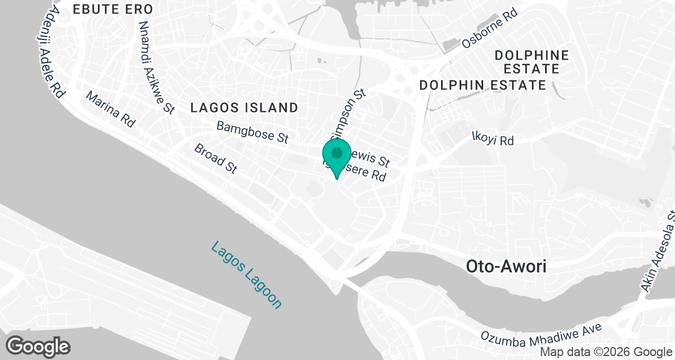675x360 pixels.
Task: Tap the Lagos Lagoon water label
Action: tap(246, 275)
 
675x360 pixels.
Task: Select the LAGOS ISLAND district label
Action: tap(244, 108)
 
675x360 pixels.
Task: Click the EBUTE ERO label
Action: tap(113, 10)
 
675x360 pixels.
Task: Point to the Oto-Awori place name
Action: tap(506, 267)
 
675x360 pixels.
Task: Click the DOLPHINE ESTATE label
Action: tap(532, 62)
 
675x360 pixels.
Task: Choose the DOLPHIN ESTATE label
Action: tap(483, 85)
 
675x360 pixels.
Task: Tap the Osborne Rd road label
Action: tap(489, 29)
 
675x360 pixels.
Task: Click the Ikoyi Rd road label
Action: tap(493, 138)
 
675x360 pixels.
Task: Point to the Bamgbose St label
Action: tap(253, 132)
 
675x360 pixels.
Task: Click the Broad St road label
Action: tap(215, 158)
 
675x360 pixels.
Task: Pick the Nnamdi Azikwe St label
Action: tap(156, 67)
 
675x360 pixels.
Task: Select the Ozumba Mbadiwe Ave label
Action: tap(541, 332)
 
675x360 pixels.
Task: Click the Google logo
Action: tap(38, 346)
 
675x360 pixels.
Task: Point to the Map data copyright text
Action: tap(606, 352)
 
